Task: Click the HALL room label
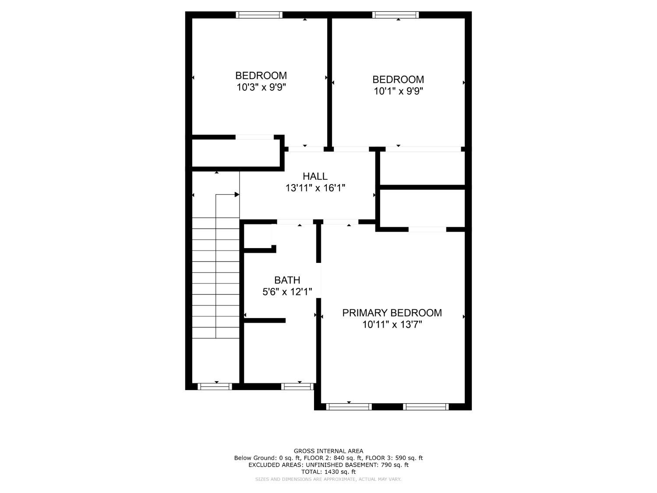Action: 315,176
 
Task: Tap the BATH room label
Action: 287,280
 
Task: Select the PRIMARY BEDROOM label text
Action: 392,313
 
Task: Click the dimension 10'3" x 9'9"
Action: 261,87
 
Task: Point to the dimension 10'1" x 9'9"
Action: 398,91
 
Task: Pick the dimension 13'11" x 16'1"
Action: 315,188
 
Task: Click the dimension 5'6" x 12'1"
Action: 287,292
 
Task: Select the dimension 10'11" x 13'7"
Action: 392,325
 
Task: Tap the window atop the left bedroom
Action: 259,15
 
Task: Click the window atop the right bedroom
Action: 396,15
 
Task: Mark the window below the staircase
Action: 215,387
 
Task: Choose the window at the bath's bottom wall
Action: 297,387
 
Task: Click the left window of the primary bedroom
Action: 349,407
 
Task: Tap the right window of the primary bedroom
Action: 426,407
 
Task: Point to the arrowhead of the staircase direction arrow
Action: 237,195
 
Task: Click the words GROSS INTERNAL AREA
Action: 328,451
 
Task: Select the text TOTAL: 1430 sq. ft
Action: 328,472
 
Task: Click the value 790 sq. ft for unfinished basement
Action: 394,465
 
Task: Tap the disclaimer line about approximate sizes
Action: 328,479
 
